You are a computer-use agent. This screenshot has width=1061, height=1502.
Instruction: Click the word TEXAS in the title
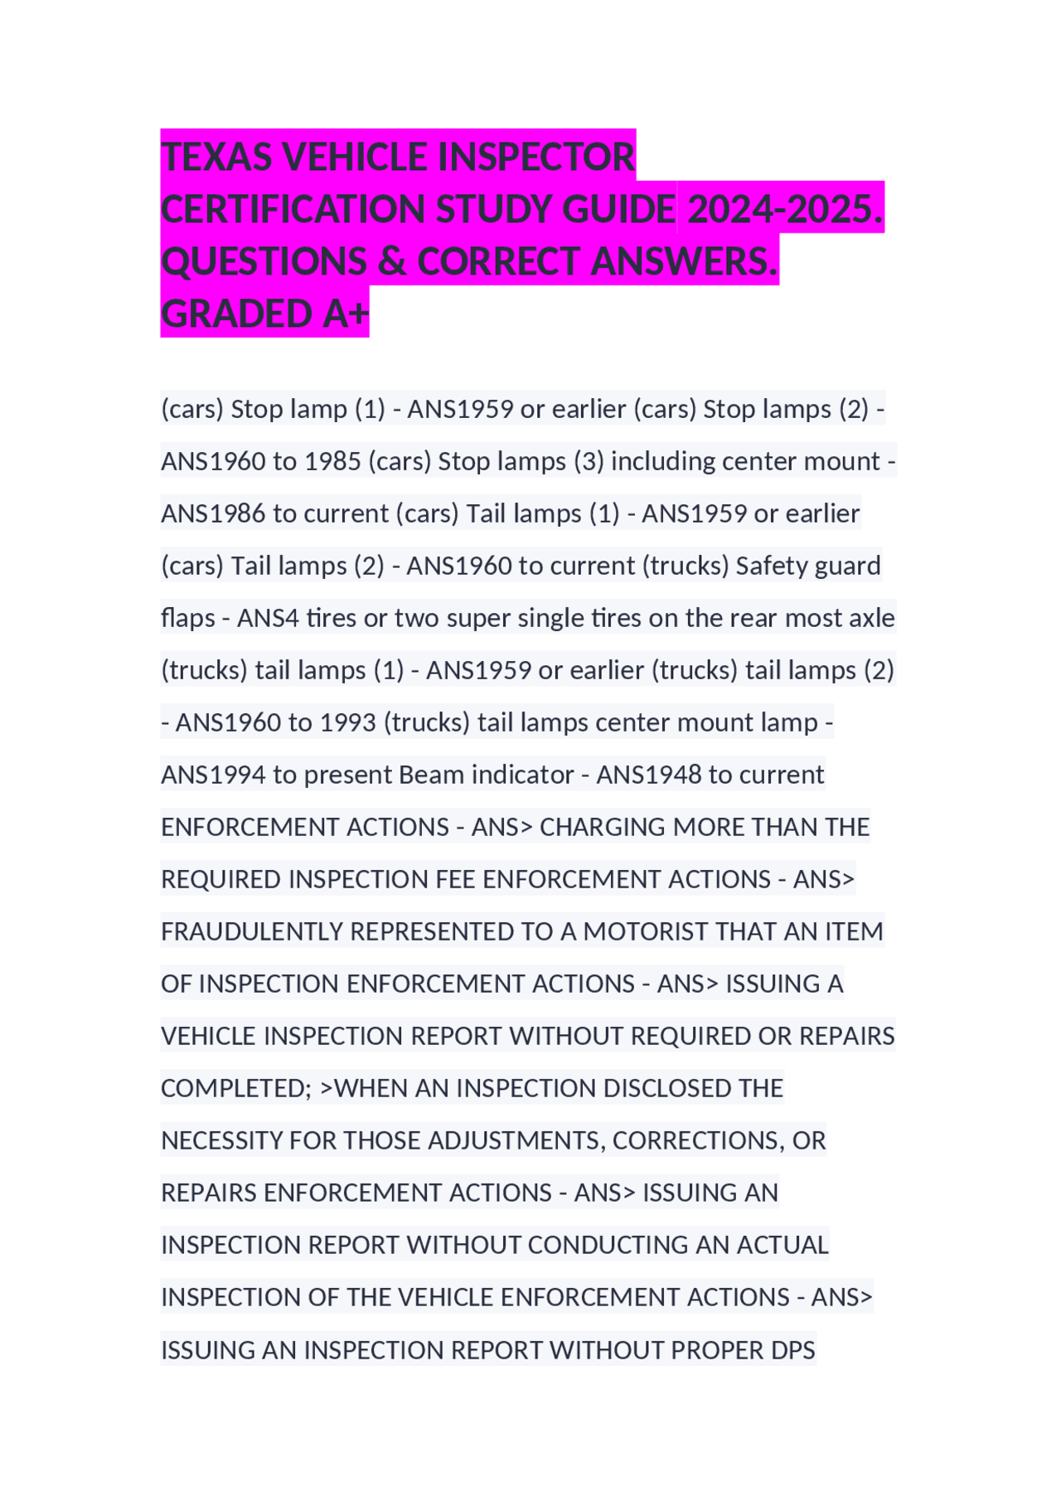point(217,157)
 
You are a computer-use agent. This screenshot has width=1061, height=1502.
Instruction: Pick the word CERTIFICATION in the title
point(293,209)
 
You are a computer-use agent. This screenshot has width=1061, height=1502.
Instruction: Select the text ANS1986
point(213,513)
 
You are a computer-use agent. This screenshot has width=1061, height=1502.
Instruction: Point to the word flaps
point(187,618)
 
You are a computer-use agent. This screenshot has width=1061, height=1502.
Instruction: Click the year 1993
point(347,722)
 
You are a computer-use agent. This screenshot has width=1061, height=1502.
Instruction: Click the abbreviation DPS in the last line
point(792,1350)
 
